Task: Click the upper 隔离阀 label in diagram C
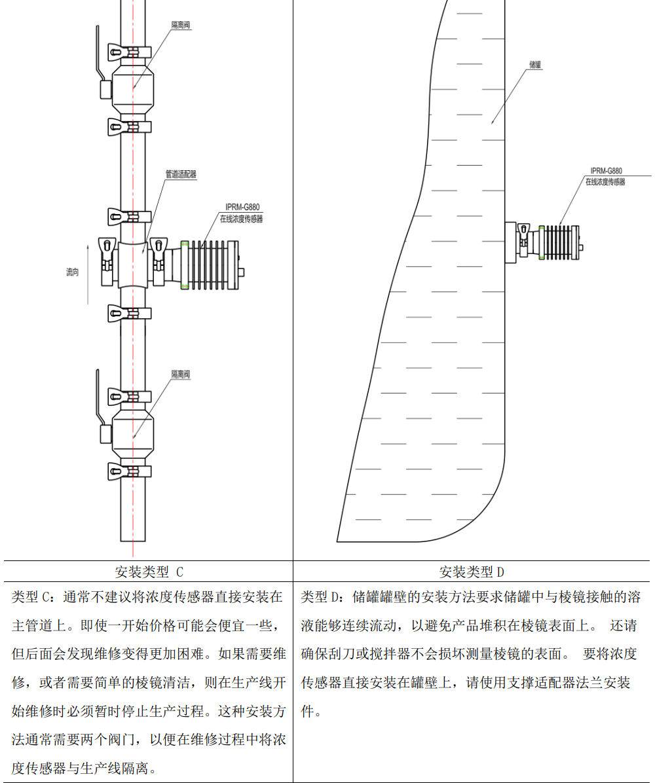click(181, 25)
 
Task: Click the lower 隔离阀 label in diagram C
click(181, 374)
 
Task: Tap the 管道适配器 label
click(181, 174)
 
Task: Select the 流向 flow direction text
click(72, 272)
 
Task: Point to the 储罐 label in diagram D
click(535, 65)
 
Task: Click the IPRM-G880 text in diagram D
click(606, 171)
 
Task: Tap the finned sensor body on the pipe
click(210, 263)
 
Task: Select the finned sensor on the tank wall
click(560, 242)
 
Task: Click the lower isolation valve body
click(133, 433)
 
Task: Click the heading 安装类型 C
click(149, 572)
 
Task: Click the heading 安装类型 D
click(472, 572)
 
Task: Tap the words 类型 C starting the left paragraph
click(34, 597)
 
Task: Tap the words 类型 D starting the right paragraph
click(324, 597)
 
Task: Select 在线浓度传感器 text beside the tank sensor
click(605, 181)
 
